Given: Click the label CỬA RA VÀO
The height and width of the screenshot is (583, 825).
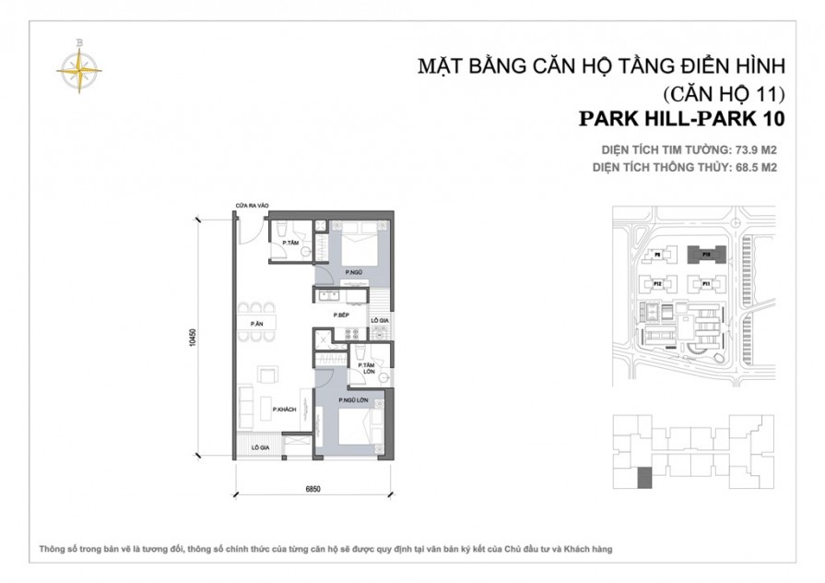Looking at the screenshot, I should click(x=251, y=206).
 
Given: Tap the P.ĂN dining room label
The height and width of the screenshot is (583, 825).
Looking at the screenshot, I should click(x=256, y=323).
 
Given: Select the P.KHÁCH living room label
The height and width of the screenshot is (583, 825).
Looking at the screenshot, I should click(x=285, y=410).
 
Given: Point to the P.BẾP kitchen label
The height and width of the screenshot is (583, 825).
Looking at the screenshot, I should click(x=340, y=315).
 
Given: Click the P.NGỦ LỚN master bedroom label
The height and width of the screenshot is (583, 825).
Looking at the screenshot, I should click(x=354, y=399).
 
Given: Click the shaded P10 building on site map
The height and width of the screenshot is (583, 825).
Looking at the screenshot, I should click(x=705, y=253).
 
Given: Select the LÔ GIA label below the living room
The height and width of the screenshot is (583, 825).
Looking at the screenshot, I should click(x=259, y=446).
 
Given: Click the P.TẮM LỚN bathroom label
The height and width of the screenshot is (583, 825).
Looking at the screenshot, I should click(x=368, y=369).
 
